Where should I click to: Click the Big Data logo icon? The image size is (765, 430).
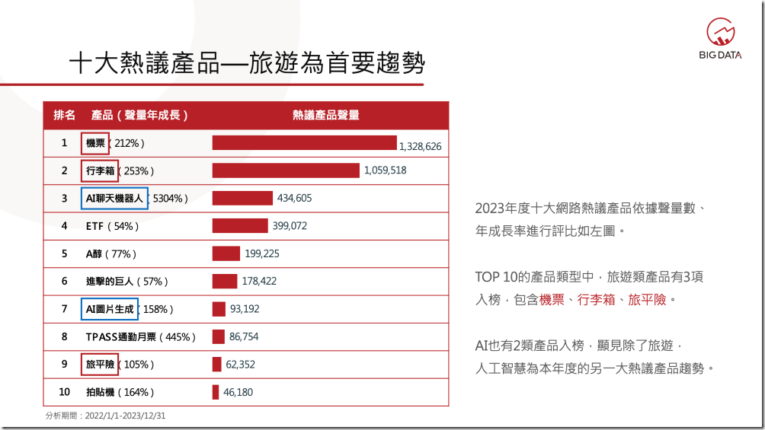click(720, 31)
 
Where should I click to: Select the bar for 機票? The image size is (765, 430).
click(304, 143)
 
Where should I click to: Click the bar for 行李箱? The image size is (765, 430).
click(285, 170)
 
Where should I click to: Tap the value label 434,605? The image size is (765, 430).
click(294, 199)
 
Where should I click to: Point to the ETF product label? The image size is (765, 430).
click(94, 226)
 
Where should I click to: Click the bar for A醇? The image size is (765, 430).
click(226, 253)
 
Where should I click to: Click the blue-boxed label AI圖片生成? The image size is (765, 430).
click(110, 309)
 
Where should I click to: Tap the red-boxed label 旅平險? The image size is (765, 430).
click(100, 365)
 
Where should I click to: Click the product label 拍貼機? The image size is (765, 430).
click(101, 392)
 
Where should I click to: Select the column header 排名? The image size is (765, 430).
click(64, 115)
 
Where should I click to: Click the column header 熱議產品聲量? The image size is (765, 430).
click(325, 115)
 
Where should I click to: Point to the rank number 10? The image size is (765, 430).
click(65, 392)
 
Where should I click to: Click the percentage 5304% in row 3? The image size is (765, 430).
click(168, 199)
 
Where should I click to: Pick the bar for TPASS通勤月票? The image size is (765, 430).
click(218, 336)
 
